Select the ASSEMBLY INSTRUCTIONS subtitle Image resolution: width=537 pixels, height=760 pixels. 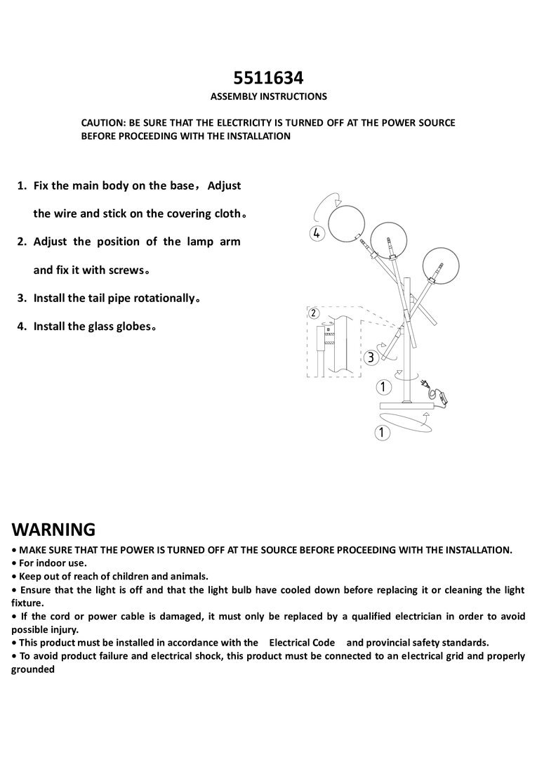coord(268,96)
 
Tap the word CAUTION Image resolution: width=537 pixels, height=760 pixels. coord(102,122)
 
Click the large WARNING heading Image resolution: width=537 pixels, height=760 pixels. coord(53,529)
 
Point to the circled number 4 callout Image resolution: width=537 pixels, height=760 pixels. coord(317,234)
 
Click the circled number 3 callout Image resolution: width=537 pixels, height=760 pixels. coord(372,358)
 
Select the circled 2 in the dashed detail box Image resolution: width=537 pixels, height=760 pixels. coord(314,313)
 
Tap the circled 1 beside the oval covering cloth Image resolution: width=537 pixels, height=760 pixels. coord(383,433)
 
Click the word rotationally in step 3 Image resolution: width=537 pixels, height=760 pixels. coord(160,298)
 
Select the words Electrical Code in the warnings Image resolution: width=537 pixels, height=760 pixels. coord(302,643)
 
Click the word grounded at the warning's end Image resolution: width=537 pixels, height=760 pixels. coord(33,669)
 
